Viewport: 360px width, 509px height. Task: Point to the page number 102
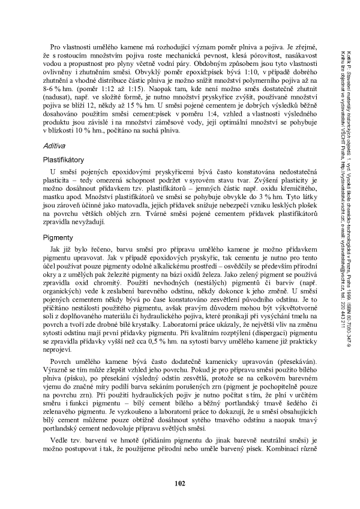pos(180,483)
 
